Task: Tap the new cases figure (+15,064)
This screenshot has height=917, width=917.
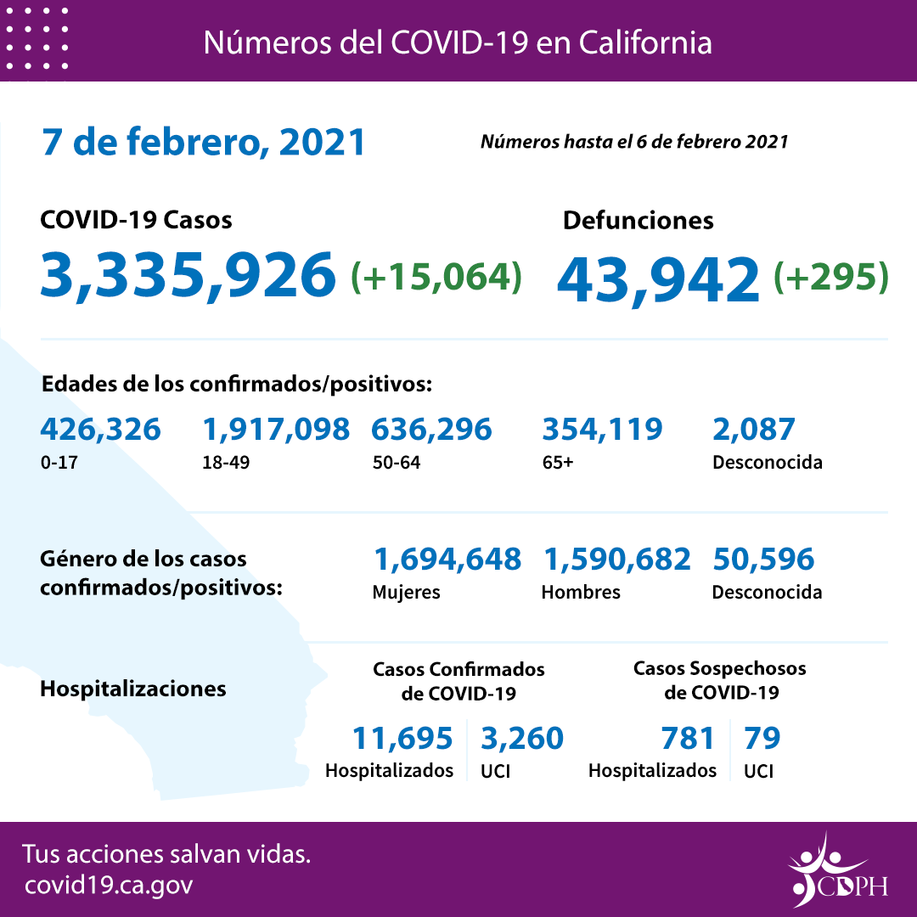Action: click(x=436, y=276)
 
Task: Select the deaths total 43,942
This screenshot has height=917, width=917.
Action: click(x=658, y=278)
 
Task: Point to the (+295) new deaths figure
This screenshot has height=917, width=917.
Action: click(x=830, y=276)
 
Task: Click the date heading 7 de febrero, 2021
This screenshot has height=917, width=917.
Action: click(x=204, y=142)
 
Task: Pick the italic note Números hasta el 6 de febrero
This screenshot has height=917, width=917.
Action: click(x=633, y=141)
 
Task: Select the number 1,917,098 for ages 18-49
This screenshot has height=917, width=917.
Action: click(x=276, y=429)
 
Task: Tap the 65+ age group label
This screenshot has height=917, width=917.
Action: click(x=558, y=464)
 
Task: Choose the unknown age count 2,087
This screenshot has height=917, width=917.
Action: click(x=753, y=429)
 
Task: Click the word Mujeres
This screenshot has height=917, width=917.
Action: click(x=406, y=592)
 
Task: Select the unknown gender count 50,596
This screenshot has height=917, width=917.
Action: click(x=762, y=559)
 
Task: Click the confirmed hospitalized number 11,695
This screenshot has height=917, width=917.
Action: click(x=402, y=738)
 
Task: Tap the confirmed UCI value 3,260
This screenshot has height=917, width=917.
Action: click(x=521, y=738)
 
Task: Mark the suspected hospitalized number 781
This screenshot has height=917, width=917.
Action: click(x=688, y=738)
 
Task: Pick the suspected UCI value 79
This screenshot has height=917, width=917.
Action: click(x=762, y=738)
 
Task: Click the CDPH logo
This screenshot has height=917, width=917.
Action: click(x=837, y=870)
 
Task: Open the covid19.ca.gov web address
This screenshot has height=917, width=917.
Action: click(x=109, y=886)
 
